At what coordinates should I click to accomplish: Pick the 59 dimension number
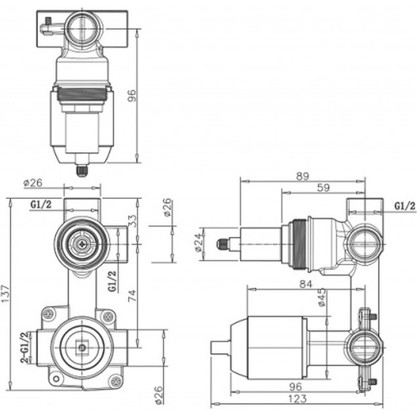(323, 188)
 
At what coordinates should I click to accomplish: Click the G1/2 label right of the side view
(404, 206)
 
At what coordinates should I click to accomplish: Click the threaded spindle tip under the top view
(82, 171)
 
